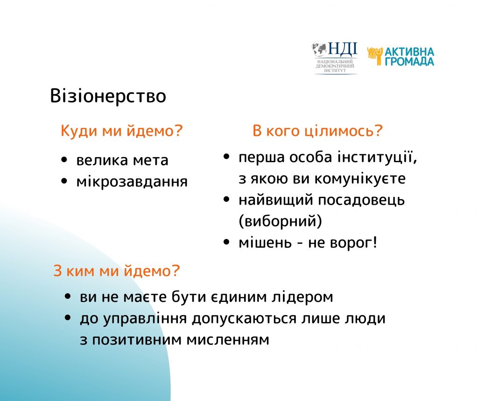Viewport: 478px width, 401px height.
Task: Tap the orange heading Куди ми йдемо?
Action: [x=122, y=131]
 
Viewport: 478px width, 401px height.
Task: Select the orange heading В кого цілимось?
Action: [x=317, y=131]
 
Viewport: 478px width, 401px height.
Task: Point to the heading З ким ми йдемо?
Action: [x=117, y=271]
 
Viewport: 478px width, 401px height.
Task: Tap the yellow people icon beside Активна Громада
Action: [x=375, y=56]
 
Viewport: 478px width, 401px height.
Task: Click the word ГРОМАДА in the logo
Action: [x=409, y=62]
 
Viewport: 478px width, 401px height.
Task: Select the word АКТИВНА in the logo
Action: [x=409, y=52]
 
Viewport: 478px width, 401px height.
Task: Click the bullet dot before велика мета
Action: [x=64, y=160]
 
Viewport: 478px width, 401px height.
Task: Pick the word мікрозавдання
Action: [x=132, y=182]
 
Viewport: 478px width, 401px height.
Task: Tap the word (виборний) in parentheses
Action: [x=280, y=221]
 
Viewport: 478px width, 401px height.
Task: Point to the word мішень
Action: [x=265, y=243]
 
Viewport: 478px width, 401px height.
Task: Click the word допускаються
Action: [x=244, y=318]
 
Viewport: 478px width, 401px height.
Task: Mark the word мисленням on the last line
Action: [x=228, y=340]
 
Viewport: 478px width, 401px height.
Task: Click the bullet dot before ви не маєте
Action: [x=68, y=296]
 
